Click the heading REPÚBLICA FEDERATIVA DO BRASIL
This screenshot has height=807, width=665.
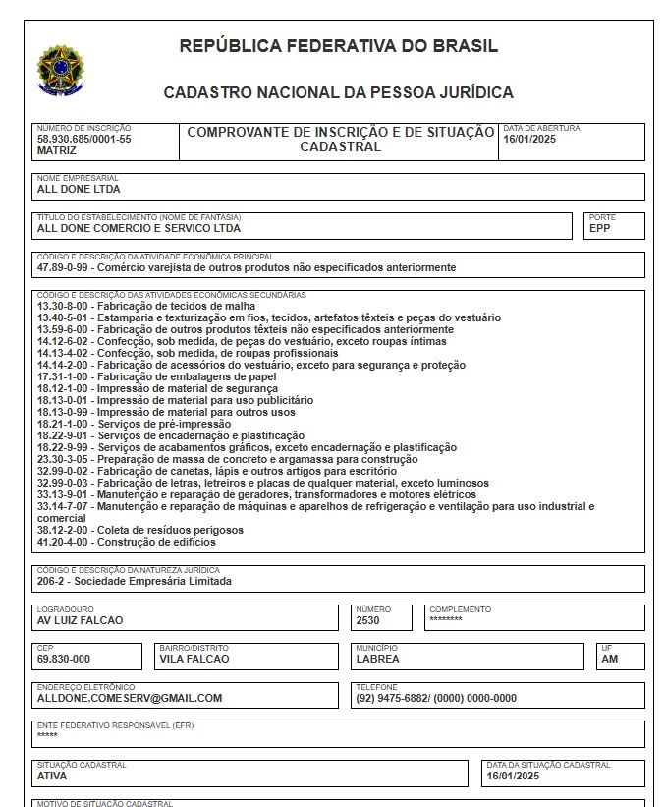(338, 46)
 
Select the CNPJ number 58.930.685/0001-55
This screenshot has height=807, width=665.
(83, 140)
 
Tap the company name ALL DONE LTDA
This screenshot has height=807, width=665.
(79, 189)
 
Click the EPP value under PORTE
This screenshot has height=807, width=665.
(599, 228)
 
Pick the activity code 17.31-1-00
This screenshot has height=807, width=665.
(64, 376)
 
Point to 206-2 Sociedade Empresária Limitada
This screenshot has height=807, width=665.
(135, 581)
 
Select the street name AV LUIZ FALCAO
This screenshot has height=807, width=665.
(80, 621)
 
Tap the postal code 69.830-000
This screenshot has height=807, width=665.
(64, 659)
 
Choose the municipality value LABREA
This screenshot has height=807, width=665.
(376, 659)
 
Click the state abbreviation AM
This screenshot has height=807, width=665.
(610, 659)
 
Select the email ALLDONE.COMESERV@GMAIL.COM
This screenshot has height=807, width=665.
(130, 698)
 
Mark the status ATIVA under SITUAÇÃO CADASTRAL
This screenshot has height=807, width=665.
(52, 776)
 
